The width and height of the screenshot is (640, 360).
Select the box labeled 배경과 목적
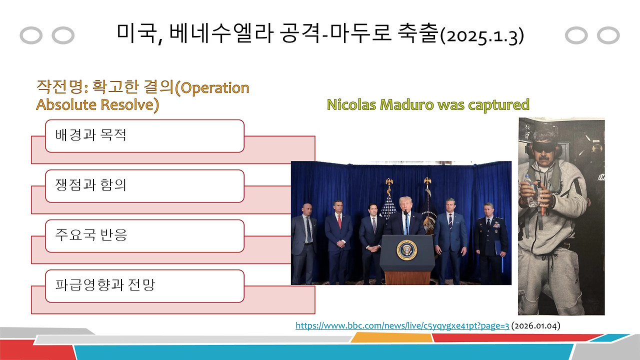tap(144, 136)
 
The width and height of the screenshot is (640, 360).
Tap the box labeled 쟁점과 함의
tap(144, 186)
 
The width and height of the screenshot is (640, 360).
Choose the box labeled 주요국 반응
tap(144, 235)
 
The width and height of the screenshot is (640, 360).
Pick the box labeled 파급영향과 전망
tap(144, 286)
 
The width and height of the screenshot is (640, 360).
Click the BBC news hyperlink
tap(402, 325)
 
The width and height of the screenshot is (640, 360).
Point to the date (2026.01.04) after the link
tap(535, 325)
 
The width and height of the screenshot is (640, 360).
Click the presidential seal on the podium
tap(406, 249)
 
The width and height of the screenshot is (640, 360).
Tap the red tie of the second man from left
tap(339, 221)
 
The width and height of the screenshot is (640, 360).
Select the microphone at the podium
tap(405, 216)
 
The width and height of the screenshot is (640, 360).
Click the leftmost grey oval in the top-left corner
tap(31, 36)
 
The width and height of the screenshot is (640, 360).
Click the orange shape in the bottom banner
tap(391, 338)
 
